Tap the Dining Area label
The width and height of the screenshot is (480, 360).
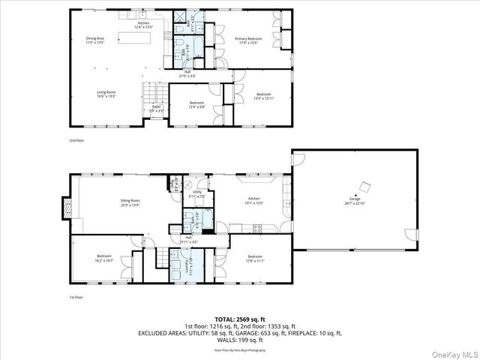[94, 40]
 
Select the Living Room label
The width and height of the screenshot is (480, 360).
[105, 94]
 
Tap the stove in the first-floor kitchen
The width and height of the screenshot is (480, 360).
[257, 228]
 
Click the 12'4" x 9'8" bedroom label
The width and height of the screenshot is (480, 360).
[196, 104]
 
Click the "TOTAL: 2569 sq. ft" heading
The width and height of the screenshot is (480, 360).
[239, 319]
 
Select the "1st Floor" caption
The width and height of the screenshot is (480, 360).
[74, 298]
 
